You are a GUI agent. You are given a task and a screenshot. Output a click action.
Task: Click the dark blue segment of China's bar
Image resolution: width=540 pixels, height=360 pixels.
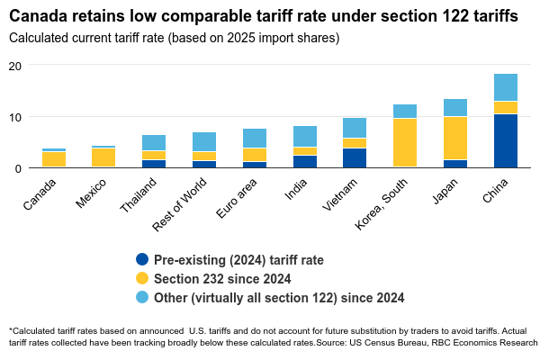click(506, 140)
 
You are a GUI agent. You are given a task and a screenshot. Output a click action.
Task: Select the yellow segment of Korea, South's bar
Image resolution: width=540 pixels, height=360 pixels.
click(405, 142)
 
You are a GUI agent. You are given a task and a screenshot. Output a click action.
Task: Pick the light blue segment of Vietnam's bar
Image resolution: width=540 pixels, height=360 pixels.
click(355, 128)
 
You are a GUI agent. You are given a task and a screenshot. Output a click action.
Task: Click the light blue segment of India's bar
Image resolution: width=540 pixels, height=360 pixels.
click(304, 136)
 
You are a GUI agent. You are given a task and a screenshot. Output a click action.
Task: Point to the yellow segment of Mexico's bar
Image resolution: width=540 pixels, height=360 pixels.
click(103, 157)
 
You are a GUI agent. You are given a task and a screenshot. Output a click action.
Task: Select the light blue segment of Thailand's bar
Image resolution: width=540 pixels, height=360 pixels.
click(154, 142)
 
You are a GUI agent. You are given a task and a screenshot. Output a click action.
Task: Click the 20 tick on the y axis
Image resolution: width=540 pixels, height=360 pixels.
click(15, 66)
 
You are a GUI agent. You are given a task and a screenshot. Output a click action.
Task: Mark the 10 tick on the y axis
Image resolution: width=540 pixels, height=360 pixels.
click(15, 117)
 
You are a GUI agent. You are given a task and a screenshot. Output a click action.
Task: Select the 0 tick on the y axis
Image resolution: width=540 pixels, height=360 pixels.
click(18, 168)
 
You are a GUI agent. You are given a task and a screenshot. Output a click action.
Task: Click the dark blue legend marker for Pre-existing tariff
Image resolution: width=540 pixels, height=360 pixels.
click(141, 260)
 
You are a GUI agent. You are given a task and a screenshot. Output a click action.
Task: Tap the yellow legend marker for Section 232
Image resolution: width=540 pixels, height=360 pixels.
click(141, 279)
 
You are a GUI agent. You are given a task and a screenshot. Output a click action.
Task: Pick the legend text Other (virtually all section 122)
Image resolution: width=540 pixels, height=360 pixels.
click(279, 298)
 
